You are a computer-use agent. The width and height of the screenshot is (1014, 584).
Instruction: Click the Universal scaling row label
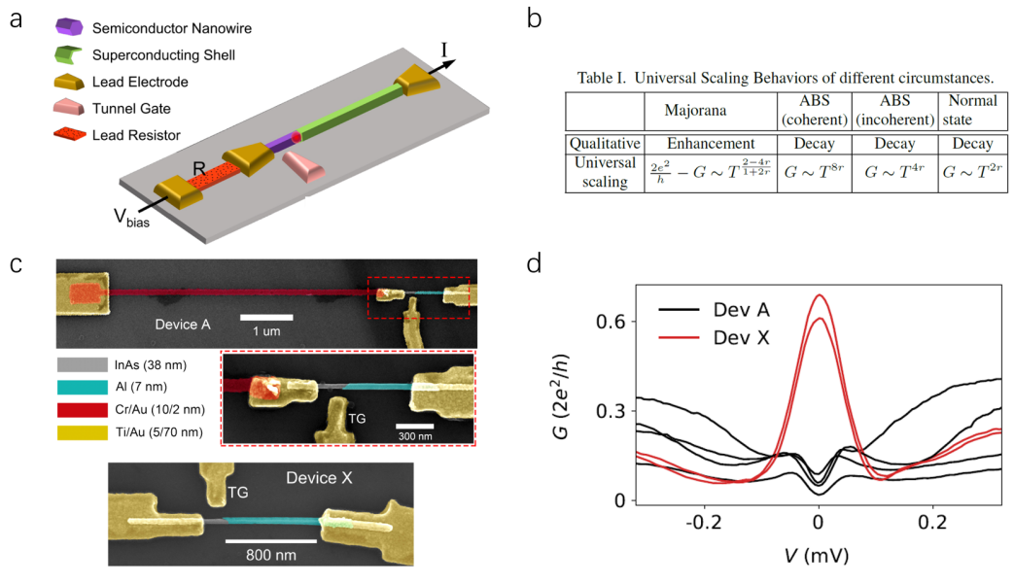point(604,172)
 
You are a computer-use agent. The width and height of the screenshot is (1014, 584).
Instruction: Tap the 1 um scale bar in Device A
point(266,317)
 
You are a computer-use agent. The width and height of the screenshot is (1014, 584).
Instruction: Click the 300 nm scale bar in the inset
point(414,426)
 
